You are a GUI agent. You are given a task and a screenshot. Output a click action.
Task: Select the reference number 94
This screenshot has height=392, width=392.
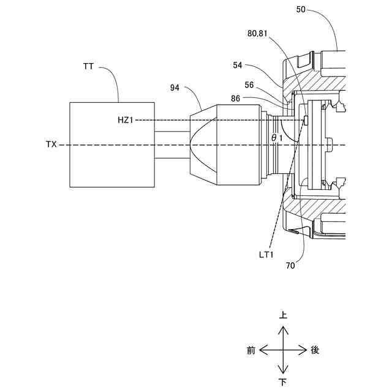coord(176,88)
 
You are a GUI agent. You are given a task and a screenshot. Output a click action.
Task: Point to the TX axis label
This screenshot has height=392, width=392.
coord(51,145)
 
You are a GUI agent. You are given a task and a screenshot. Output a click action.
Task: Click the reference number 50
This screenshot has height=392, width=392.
coord(302,9)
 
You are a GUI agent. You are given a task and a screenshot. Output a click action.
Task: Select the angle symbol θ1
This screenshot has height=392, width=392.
coord(277,138)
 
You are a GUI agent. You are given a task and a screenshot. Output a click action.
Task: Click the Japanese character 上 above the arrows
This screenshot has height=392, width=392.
coord(283,316)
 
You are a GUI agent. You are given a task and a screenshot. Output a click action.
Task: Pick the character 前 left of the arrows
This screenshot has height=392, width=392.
coord(251,350)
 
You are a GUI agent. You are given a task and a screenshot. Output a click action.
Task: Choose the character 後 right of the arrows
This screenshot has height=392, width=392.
coord(315,350)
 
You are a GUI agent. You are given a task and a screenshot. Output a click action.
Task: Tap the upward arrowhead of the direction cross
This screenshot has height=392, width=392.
coord(283,328)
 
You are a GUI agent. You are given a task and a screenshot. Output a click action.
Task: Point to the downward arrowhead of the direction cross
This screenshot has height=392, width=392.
coord(283,371)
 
